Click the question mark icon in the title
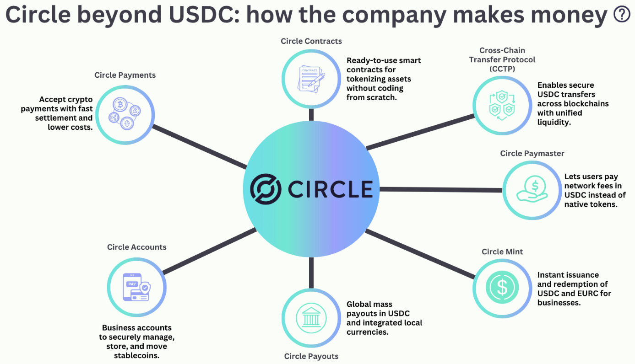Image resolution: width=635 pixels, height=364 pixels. click(621, 15)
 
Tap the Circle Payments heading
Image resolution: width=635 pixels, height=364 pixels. click(125, 75)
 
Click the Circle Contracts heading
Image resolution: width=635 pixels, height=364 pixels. click(311, 41)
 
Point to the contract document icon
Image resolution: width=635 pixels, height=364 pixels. click(311, 79)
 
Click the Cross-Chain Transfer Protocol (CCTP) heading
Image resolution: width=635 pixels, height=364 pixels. click(502, 59)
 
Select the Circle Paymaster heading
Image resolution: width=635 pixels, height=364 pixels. click(532, 153)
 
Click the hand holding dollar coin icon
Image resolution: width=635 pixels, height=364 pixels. click(532, 189)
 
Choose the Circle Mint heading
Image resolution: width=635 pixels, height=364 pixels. click(502, 252)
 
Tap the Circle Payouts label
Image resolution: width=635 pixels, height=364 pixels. click(311, 356)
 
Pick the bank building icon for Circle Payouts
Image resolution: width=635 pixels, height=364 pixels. click(311, 317)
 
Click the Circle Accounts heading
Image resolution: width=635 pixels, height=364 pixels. click(136, 247)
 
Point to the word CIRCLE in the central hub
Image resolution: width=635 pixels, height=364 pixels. click(330, 189)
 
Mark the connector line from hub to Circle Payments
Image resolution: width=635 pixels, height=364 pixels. click(199, 147)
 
